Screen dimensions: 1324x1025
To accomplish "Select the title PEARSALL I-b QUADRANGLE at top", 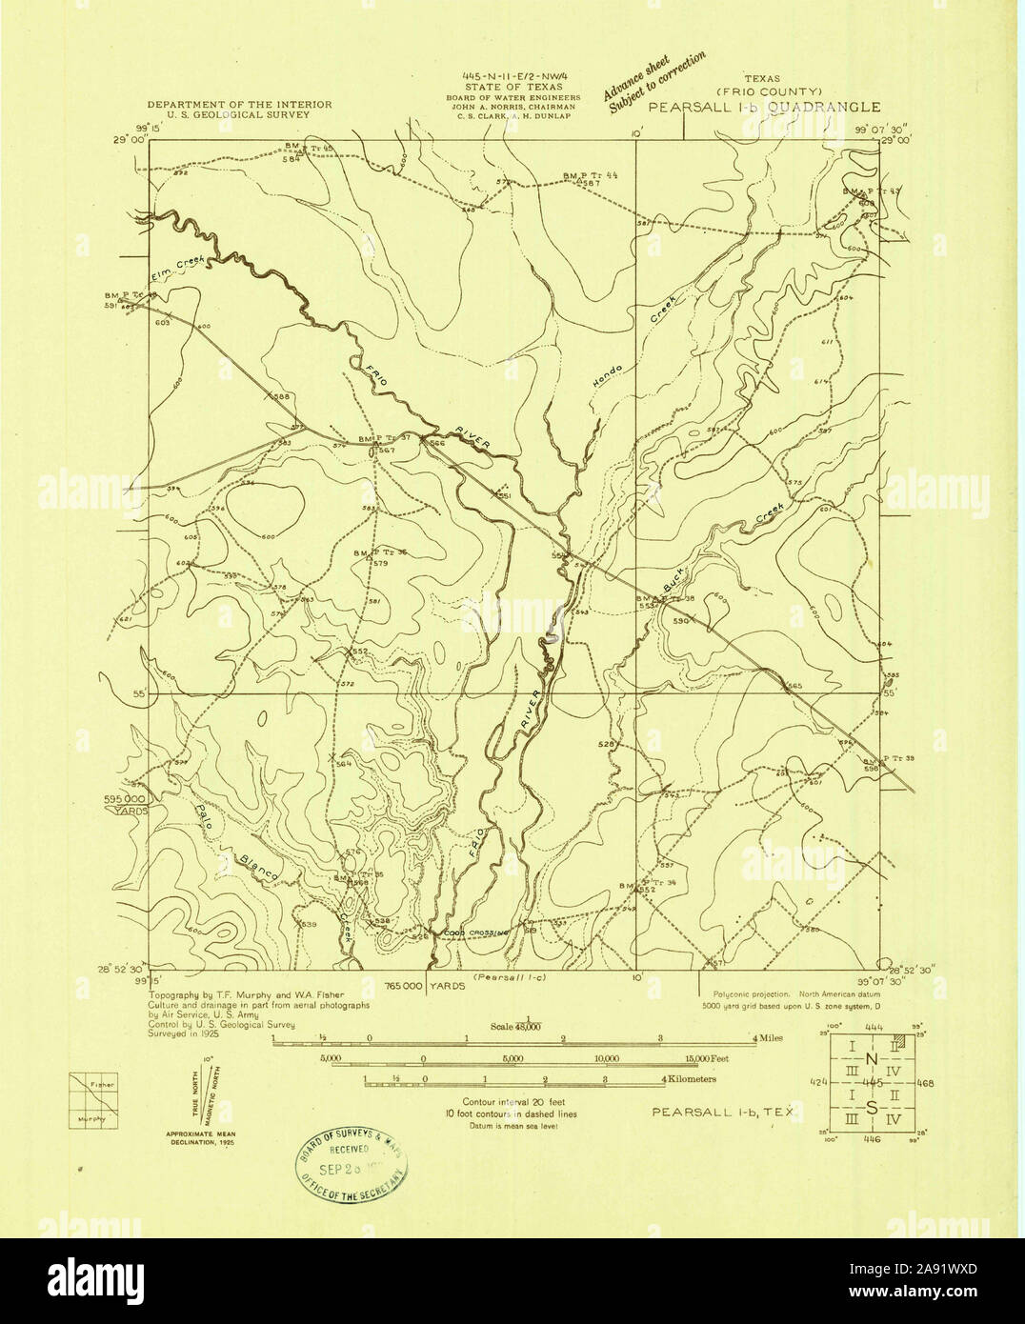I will tap(765, 108).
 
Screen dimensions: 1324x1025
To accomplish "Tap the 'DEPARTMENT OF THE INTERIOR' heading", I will tap(239, 104).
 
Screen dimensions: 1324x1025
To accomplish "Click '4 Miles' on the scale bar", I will tap(767, 1038).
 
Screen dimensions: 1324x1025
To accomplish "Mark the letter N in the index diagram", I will tap(872, 1059).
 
